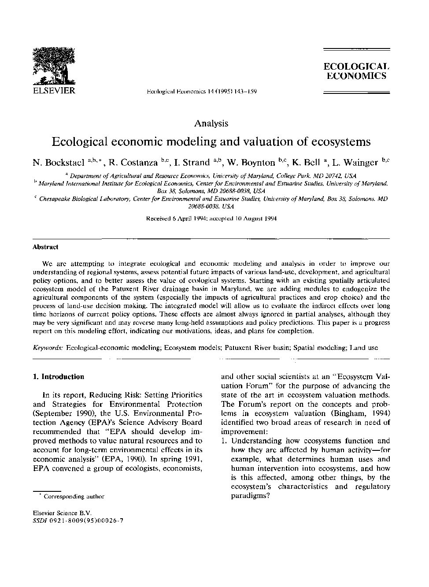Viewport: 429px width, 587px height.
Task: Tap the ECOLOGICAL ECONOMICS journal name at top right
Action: [356, 71]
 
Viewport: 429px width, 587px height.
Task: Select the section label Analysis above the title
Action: [211, 123]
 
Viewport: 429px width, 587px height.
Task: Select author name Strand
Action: [195, 162]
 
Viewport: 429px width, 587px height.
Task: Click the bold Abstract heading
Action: [45, 247]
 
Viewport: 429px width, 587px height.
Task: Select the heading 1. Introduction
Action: [59, 377]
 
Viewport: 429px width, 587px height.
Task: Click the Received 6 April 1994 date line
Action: [211, 219]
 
